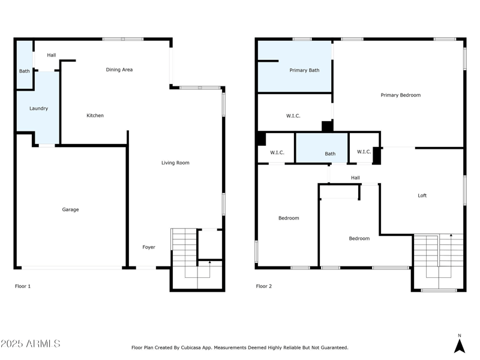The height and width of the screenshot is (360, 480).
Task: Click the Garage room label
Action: (70, 209)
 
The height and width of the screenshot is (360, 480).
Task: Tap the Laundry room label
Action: (38, 109)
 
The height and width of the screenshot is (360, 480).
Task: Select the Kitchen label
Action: (95, 115)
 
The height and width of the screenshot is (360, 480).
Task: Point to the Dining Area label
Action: (119, 70)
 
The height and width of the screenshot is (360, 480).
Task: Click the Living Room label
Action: (175, 163)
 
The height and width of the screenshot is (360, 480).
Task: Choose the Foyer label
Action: (148, 247)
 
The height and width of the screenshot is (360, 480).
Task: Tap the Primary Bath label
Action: (304, 70)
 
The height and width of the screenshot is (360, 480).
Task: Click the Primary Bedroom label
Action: (400, 95)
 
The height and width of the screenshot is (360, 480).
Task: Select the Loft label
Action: (422, 196)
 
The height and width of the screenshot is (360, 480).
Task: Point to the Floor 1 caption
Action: (23, 286)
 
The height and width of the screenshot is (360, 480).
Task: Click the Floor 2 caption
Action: (264, 286)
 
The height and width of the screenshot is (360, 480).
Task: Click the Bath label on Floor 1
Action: (24, 71)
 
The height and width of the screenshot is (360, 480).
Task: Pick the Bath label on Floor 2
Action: (330, 154)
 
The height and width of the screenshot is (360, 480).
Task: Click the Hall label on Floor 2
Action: (355, 178)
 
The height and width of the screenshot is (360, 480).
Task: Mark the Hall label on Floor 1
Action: (51, 55)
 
